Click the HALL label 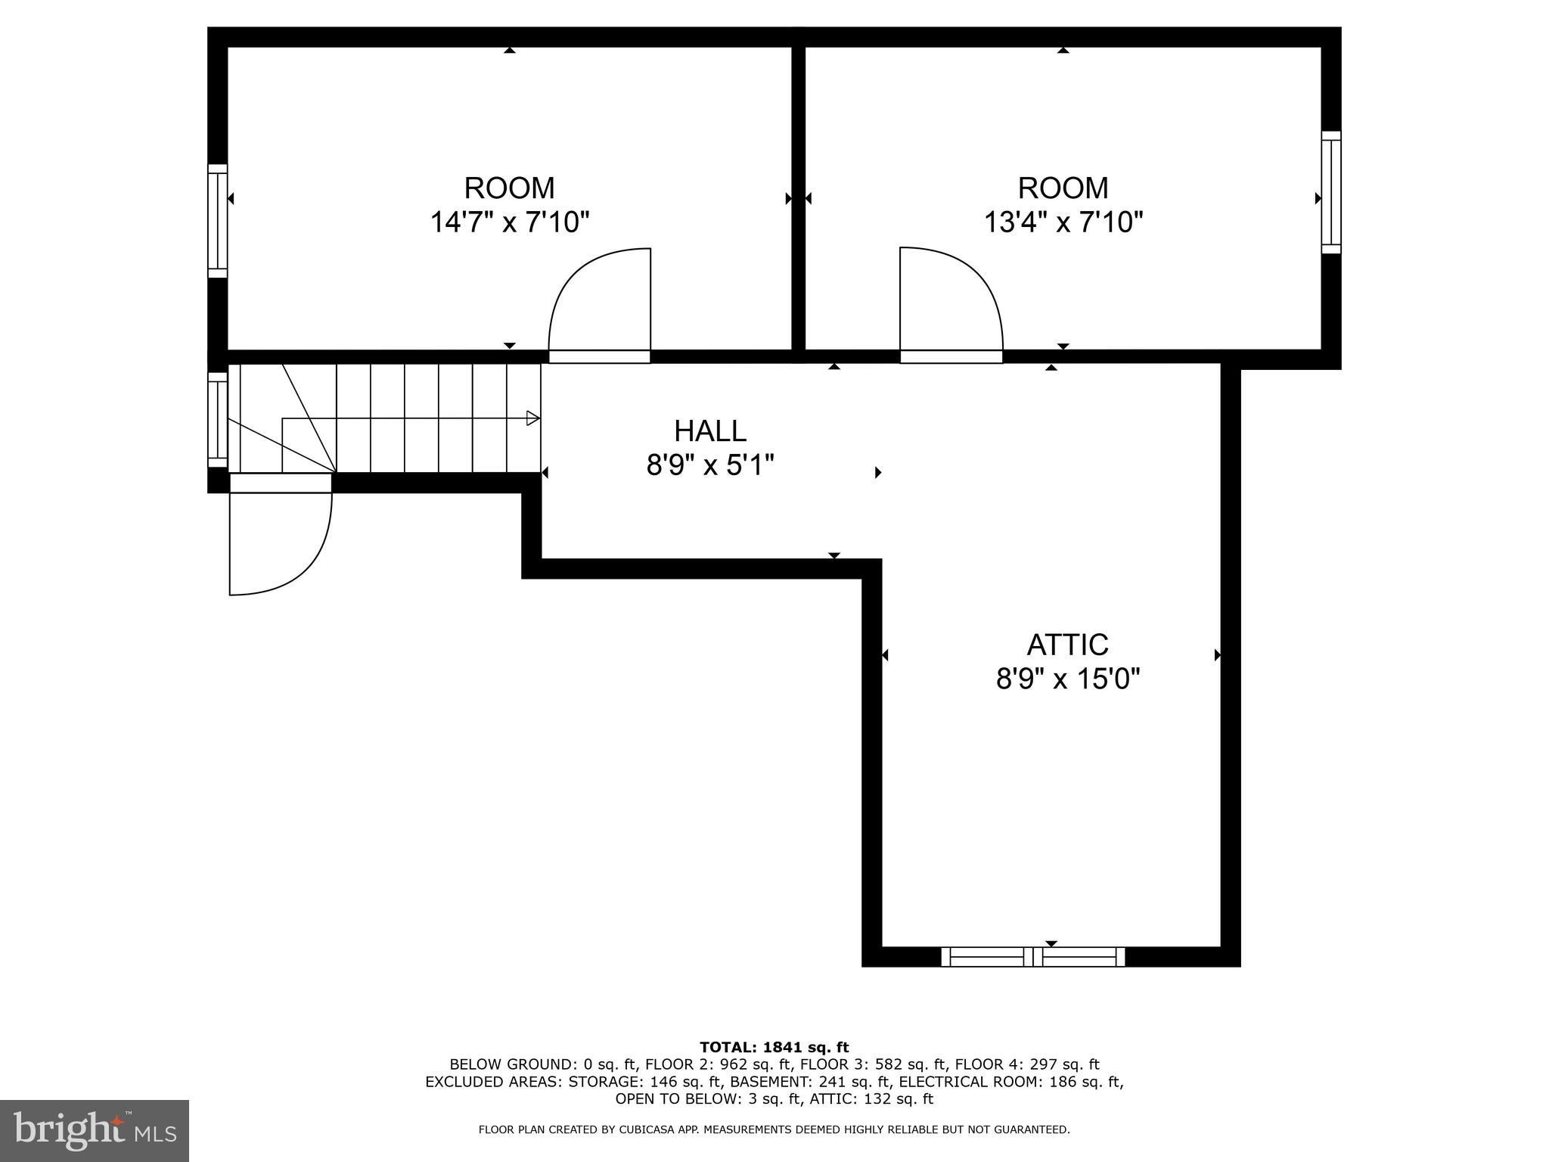pos(709,431)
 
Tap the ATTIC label pos(1067,645)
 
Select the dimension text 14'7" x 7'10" pos(509,222)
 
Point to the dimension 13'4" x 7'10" pos(1063,222)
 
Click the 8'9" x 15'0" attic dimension pos(1067,679)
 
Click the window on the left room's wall pos(218,221)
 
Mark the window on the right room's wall pos(1331,192)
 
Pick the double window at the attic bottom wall pos(1032,957)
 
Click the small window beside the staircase pos(218,420)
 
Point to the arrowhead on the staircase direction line pos(533,418)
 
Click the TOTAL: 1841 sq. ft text pos(774,1048)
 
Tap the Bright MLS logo pos(95,1131)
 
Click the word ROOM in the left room pos(509,188)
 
